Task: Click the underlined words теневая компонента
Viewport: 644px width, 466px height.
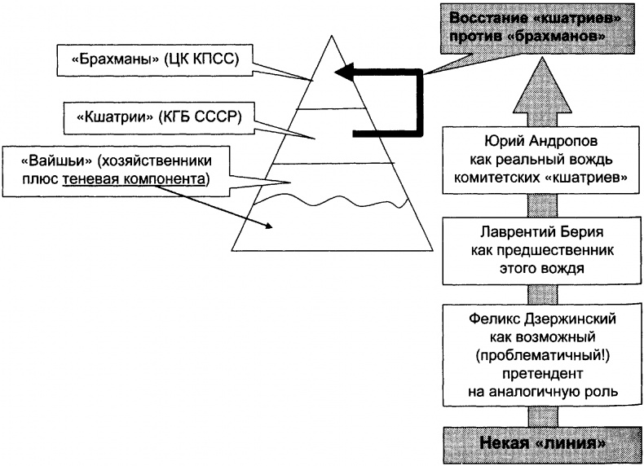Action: tap(155, 178)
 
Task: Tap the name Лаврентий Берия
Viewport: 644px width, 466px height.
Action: tap(518, 231)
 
